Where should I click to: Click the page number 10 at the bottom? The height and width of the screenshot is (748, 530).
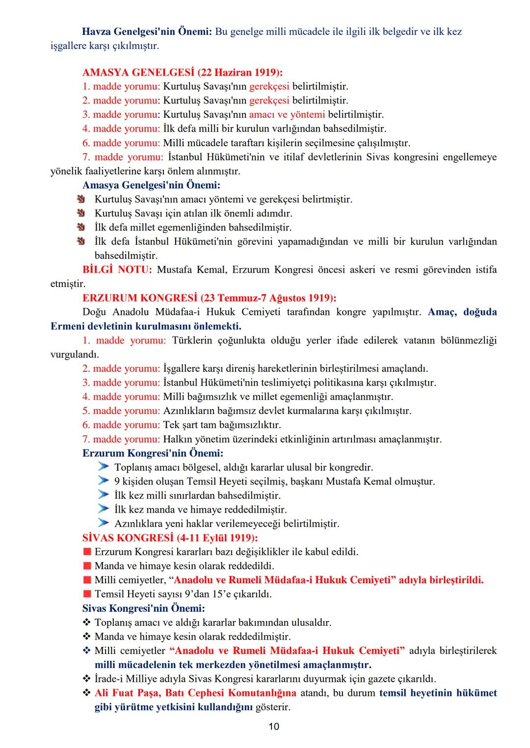click(274, 726)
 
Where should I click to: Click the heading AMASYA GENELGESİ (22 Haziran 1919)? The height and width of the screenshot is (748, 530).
click(183, 73)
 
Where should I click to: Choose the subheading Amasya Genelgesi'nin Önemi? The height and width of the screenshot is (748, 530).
click(151, 185)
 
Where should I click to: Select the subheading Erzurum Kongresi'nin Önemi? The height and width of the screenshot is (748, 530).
click(153, 453)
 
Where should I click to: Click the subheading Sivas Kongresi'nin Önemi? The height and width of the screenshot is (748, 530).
click(143, 608)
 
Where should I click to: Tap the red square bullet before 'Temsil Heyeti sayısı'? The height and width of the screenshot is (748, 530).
click(87, 594)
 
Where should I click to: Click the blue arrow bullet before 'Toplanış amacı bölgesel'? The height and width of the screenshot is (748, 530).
click(103, 466)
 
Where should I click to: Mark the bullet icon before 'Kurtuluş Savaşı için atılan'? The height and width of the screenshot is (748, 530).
click(81, 213)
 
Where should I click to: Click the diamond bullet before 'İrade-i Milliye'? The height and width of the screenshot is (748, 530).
click(87, 679)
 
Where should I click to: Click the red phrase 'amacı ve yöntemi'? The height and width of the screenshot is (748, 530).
click(287, 115)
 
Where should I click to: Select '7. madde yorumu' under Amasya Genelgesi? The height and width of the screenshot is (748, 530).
click(122, 157)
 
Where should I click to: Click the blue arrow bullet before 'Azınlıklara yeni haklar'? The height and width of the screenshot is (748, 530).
click(103, 523)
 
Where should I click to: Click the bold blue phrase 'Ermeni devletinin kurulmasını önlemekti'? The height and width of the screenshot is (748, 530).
click(146, 326)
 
